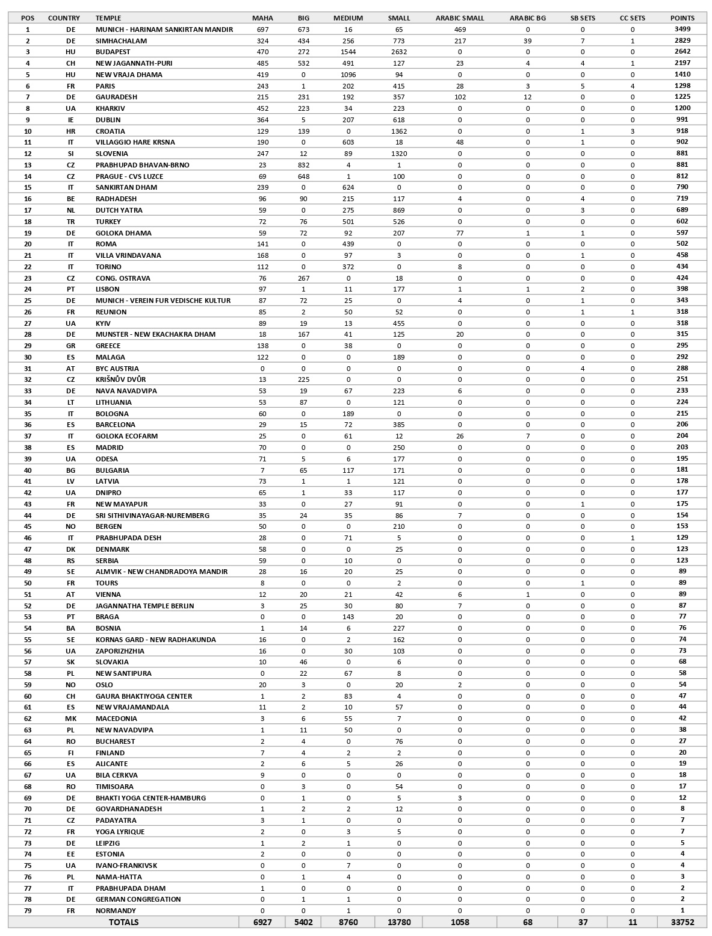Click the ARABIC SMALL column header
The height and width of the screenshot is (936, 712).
(459, 18)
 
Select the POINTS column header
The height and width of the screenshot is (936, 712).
(682, 18)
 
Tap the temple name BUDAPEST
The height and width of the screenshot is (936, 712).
(113, 52)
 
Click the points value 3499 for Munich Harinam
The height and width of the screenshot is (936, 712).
(682, 29)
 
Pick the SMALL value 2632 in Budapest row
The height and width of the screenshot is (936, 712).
(398, 52)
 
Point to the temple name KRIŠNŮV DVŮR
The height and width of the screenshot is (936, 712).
(120, 379)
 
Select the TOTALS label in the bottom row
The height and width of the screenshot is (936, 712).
(123, 922)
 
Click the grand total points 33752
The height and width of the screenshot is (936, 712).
(682, 922)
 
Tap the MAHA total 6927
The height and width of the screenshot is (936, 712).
(262, 922)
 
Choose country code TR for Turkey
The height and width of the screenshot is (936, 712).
(70, 222)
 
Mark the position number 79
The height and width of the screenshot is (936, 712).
(27, 911)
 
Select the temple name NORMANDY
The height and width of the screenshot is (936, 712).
(116, 911)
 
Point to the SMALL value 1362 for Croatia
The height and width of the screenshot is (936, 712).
(398, 131)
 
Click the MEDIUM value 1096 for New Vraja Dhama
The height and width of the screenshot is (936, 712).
(348, 75)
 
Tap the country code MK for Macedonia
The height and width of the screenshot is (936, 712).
(70, 719)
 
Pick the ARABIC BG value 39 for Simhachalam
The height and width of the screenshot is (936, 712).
(527, 40)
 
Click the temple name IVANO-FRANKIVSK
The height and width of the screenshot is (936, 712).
(126, 866)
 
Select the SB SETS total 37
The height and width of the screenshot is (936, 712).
(582, 922)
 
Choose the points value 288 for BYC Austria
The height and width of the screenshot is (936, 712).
(682, 368)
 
